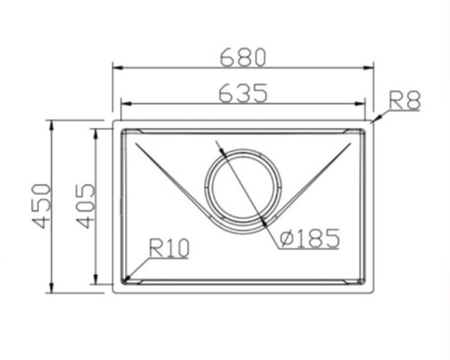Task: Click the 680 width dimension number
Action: coord(242,57)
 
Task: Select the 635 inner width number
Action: coord(243,94)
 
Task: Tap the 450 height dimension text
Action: coord(42,206)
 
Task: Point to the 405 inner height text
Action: coord(85,206)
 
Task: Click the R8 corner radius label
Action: coord(404,101)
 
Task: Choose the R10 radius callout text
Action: coord(169,247)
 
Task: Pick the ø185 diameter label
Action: coord(310,239)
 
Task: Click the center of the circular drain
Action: coord(243,190)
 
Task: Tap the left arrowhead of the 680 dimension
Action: coord(118,68)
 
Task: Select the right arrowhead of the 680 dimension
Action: coord(369,68)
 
